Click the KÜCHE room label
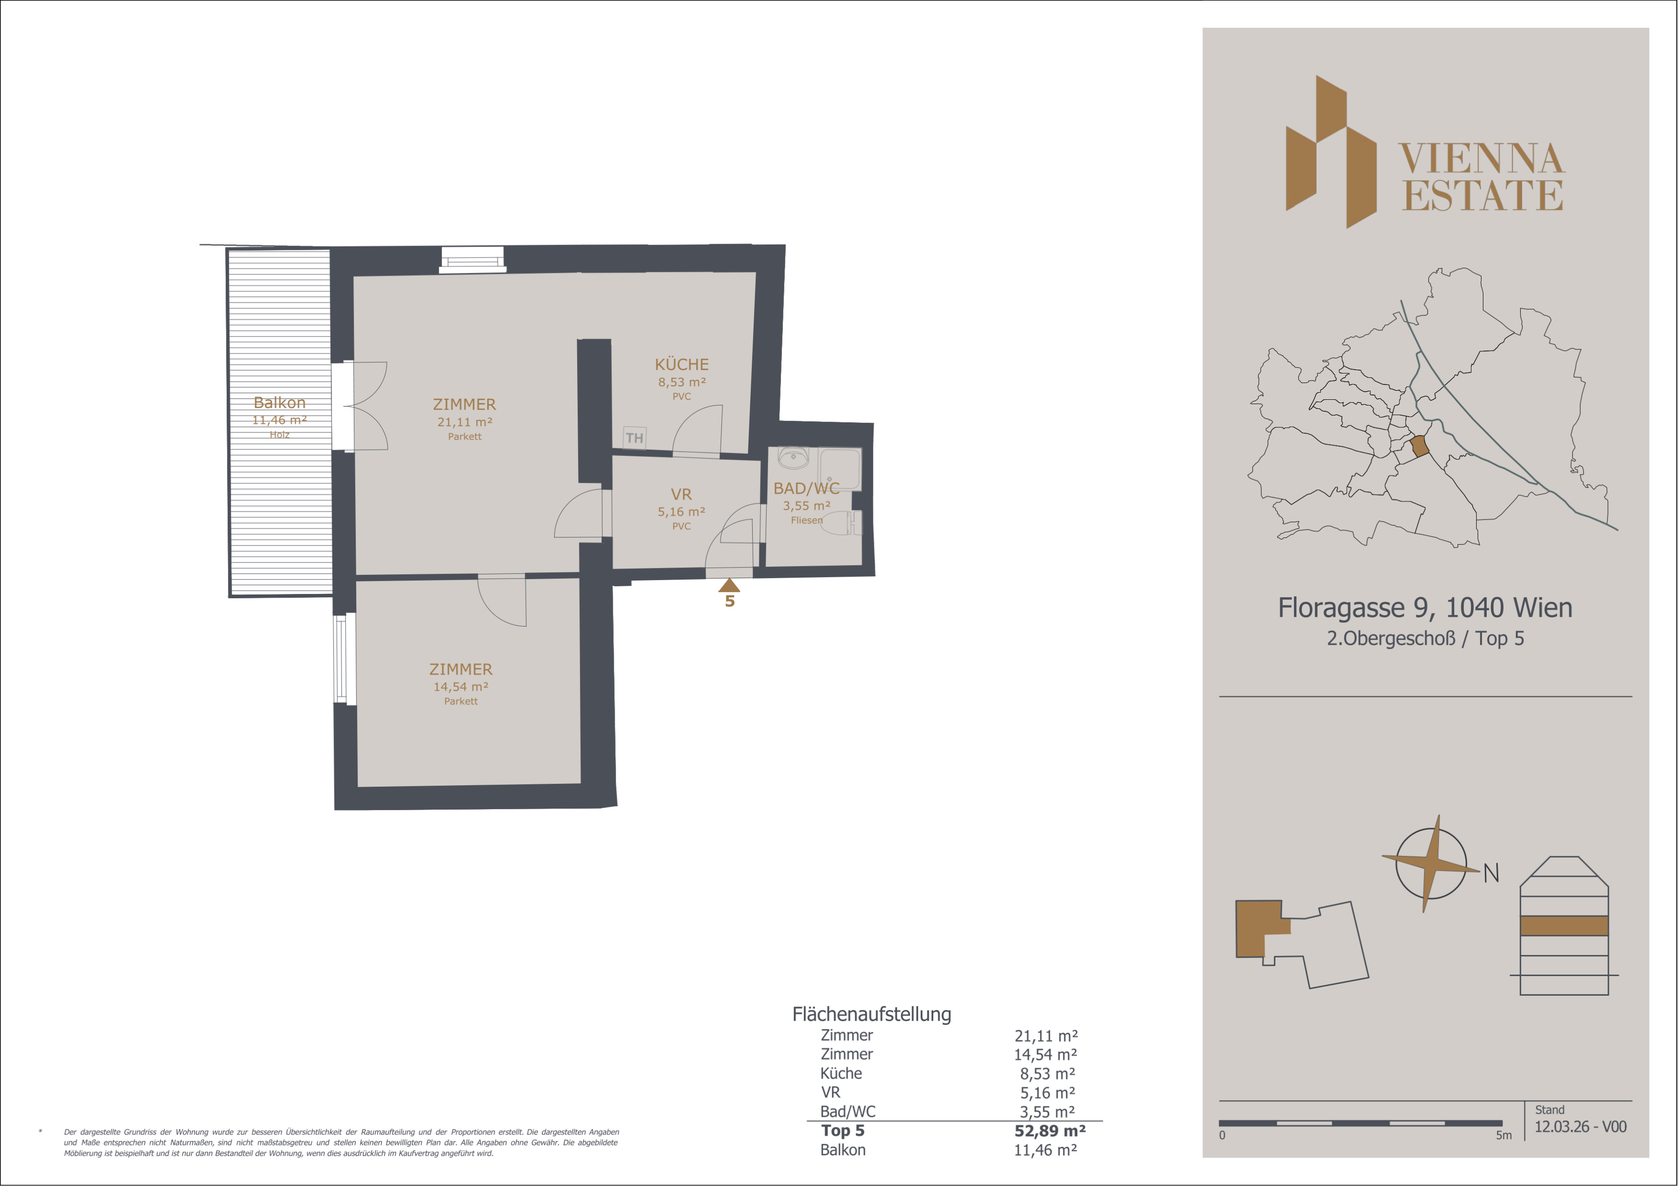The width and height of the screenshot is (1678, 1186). point(681,364)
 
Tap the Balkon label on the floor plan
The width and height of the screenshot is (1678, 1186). point(279,403)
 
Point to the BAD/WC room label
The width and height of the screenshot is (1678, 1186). point(806,488)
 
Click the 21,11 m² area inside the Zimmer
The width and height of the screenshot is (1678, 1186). point(465,422)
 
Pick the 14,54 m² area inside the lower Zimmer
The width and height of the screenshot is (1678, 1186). point(460,687)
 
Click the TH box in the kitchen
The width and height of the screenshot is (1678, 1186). point(634,438)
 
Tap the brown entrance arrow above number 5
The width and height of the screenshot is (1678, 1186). point(729,585)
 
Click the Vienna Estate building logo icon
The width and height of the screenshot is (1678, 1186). point(1331,152)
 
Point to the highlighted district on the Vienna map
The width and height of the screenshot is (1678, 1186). point(1419,446)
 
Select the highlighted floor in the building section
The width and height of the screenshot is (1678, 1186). point(1564,926)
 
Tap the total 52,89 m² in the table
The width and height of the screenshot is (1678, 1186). point(1049,1130)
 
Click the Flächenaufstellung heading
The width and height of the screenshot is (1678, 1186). point(872,1014)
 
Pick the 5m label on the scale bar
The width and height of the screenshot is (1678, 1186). point(1503,1136)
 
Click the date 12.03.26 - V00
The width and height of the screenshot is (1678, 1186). point(1580,1127)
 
